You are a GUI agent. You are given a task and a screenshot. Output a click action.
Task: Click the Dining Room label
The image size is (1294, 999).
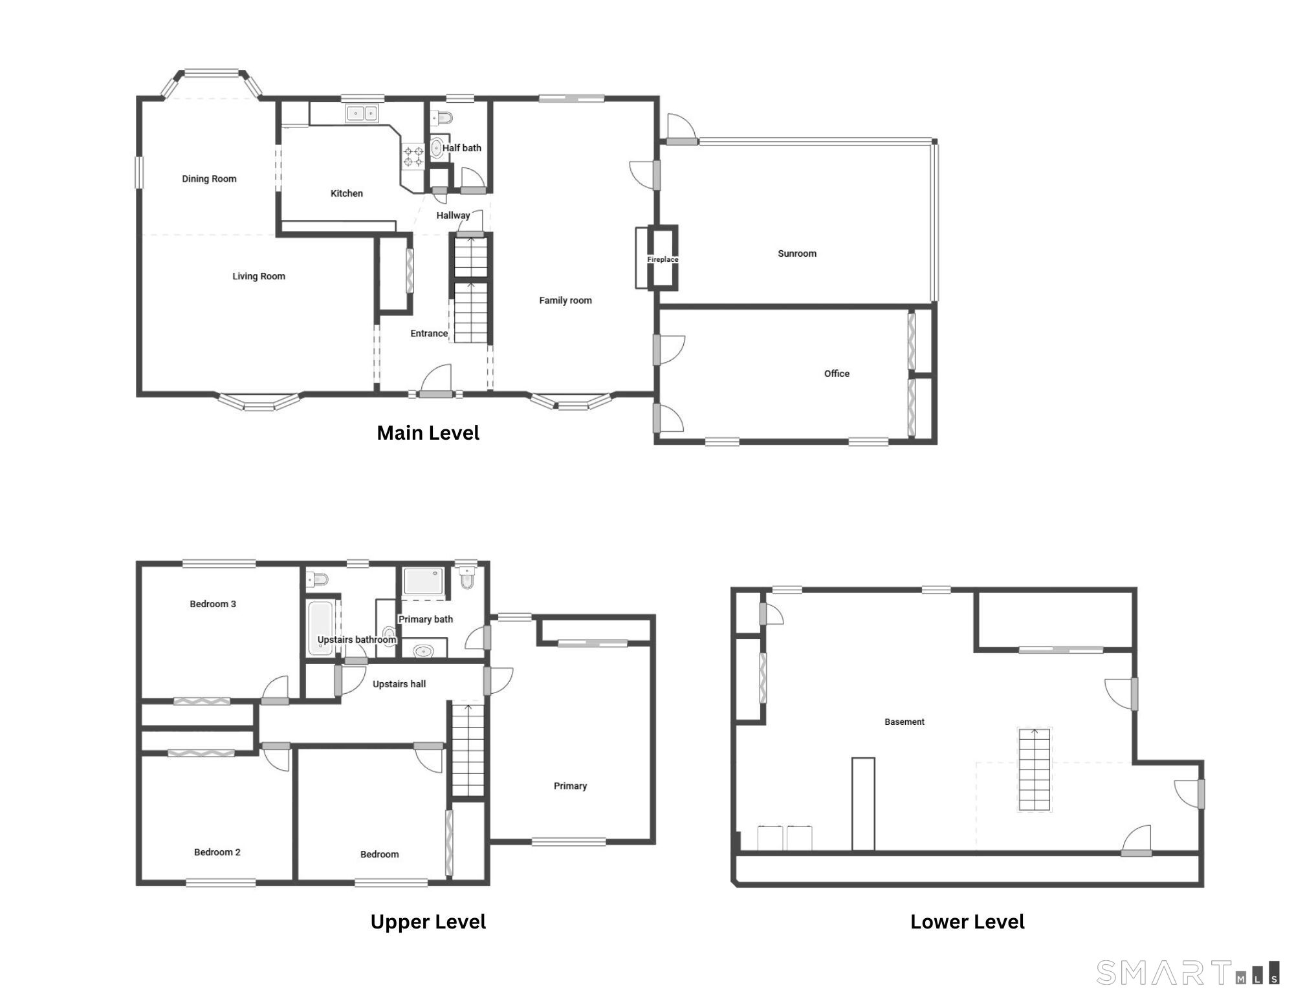click(x=209, y=179)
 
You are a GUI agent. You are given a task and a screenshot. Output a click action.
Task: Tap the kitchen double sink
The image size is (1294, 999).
click(x=362, y=114)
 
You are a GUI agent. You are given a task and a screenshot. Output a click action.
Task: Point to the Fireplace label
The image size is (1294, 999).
click(x=663, y=259)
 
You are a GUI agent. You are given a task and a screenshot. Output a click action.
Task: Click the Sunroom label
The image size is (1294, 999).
click(x=797, y=253)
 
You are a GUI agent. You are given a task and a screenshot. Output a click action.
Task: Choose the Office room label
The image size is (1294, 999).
click(x=837, y=373)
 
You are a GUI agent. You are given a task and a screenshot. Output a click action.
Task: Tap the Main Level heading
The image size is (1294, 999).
click(x=428, y=433)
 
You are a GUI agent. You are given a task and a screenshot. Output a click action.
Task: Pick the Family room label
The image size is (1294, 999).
click(x=565, y=300)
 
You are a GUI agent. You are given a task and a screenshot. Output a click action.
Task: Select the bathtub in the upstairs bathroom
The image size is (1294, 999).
click(x=320, y=628)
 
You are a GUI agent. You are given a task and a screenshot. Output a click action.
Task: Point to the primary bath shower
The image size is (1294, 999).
click(x=423, y=581)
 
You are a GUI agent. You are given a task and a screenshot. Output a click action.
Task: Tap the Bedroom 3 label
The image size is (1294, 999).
click(x=213, y=604)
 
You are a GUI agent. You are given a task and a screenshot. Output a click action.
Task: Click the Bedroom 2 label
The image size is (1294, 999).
click(x=217, y=852)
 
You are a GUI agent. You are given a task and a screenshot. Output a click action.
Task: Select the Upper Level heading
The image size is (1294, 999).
click(x=428, y=922)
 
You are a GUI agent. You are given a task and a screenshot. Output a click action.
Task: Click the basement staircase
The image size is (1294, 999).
click(x=1035, y=769)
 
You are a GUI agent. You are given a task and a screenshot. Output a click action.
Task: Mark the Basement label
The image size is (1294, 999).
click(x=905, y=722)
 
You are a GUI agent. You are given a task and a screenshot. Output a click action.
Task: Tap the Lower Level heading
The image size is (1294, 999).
click(x=967, y=922)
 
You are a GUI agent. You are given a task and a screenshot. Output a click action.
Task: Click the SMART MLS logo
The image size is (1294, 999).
click(x=1188, y=972)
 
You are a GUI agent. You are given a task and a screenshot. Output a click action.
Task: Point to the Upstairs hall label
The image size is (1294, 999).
click(x=399, y=684)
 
